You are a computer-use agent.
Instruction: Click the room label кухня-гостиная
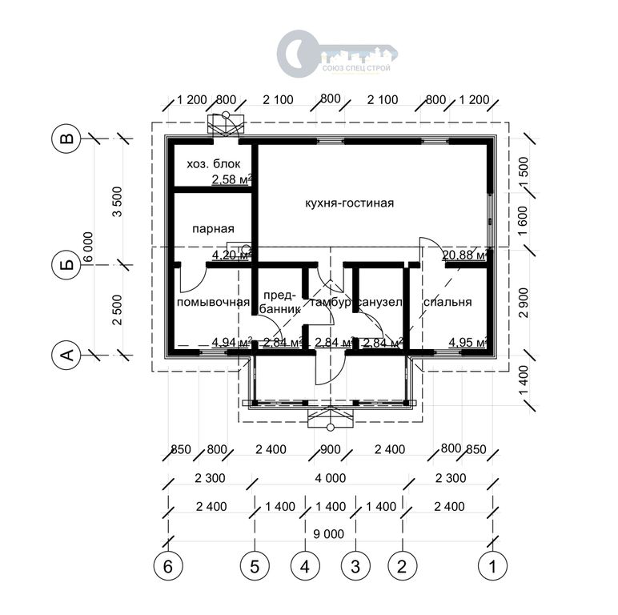click(x=350, y=203)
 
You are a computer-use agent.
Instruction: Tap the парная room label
click(x=213, y=229)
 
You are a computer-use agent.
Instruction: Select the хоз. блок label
click(x=213, y=164)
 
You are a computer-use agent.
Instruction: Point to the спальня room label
click(x=447, y=302)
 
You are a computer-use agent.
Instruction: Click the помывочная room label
click(x=213, y=303)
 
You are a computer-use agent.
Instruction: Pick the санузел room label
click(x=380, y=303)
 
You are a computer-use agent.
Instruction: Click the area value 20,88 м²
click(x=464, y=255)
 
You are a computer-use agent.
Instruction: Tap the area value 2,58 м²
click(x=232, y=179)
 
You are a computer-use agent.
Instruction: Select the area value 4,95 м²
click(x=468, y=343)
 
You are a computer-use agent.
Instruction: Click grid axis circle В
click(x=66, y=139)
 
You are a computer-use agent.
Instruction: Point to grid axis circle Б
click(x=66, y=264)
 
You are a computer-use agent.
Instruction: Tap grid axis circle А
click(x=66, y=355)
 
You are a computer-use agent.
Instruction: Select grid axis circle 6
click(x=168, y=566)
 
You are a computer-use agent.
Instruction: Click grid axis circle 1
click(x=492, y=566)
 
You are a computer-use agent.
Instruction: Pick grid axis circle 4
click(x=305, y=566)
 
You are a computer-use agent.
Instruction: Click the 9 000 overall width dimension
click(x=329, y=534)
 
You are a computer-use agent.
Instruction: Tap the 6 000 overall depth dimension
click(x=88, y=247)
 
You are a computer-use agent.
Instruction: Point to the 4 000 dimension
click(x=331, y=478)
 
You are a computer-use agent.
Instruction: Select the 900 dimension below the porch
click(x=331, y=449)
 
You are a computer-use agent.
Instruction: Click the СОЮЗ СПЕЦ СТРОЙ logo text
click(x=357, y=68)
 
